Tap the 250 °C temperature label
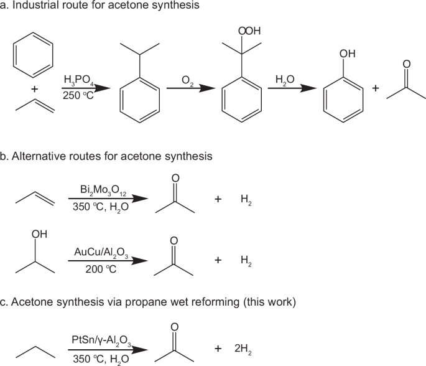[78, 95]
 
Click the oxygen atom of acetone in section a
[406, 65]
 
